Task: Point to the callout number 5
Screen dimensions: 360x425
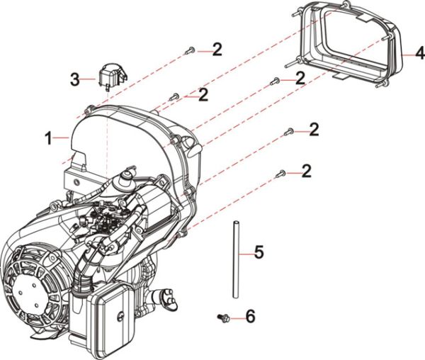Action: pyautogui.click(x=259, y=252)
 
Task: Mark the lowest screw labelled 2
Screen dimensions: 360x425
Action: pyautogui.click(x=280, y=172)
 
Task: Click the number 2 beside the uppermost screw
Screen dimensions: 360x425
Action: pyautogui.click(x=216, y=49)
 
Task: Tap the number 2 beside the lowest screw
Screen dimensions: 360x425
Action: pyautogui.click(x=307, y=171)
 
